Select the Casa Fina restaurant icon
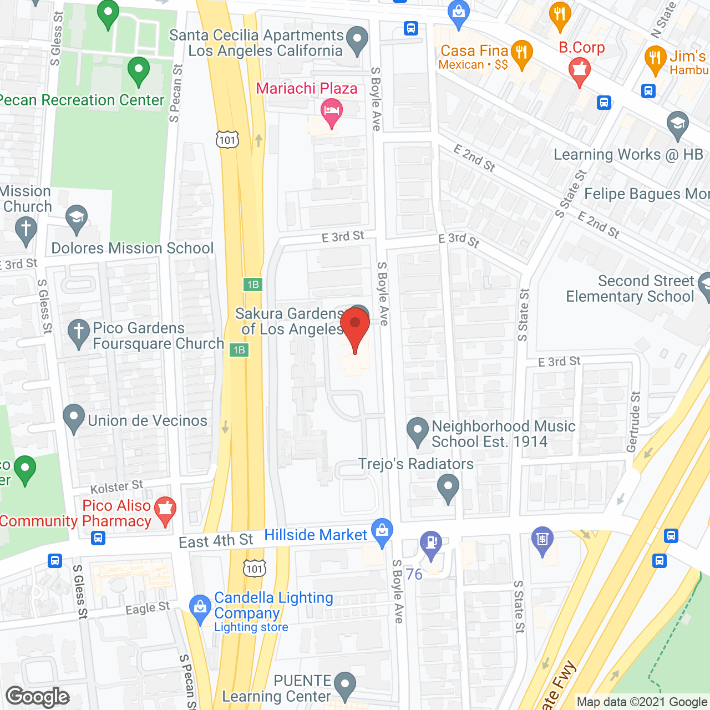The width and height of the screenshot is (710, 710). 521,54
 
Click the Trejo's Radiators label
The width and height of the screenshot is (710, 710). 416,464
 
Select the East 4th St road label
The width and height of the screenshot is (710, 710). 216,540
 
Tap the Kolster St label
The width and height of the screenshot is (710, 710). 116,487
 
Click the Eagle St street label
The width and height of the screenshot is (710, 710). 147,608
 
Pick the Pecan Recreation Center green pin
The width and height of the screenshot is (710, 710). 138,70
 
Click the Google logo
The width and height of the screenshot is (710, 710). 38,697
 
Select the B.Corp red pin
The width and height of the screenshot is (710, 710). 580,70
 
